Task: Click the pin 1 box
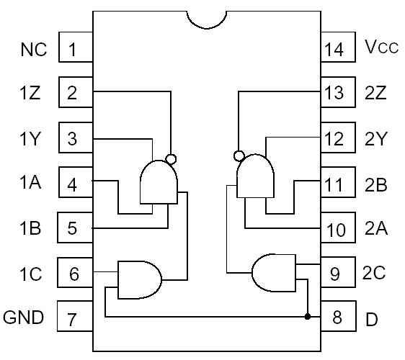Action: pyautogui.click(x=75, y=50)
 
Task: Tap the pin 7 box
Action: pyautogui.click(x=75, y=318)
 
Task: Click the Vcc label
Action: pyautogui.click(x=381, y=49)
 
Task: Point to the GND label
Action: pyautogui.click(x=24, y=317)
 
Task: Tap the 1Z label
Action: pyautogui.click(x=31, y=94)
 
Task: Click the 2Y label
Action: pyautogui.click(x=375, y=139)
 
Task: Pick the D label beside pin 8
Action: pyautogui.click(x=372, y=319)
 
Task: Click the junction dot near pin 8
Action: pyautogui.click(x=308, y=316)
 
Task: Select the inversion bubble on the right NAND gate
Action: pyautogui.click(x=239, y=155)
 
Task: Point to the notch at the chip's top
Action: pyautogui.click(x=207, y=20)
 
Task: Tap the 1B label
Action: pyautogui.click(x=31, y=229)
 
